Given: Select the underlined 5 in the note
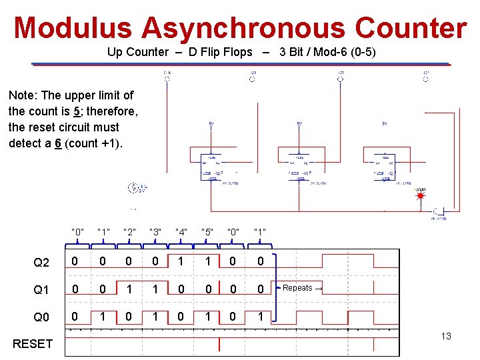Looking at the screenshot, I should click(77, 111).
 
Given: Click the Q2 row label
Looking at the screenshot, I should click(41, 263).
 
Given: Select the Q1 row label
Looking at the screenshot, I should click(41, 290).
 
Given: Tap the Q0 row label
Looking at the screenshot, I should click(41, 317).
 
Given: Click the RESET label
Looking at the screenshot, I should click(32, 344).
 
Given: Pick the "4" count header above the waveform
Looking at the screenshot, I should click(181, 233).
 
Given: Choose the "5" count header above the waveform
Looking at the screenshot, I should click(207, 233).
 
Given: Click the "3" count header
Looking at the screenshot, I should click(155, 233).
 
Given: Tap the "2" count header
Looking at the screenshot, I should click(129, 233).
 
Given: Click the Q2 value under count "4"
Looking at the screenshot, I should click(181, 262).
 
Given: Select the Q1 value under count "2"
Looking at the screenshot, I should click(129, 289).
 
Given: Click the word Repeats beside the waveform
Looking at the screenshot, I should click(297, 288).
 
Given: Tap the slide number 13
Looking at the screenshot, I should click(445, 336).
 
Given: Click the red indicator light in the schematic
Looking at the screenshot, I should click(420, 197).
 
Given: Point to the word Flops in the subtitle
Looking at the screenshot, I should click(237, 52).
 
